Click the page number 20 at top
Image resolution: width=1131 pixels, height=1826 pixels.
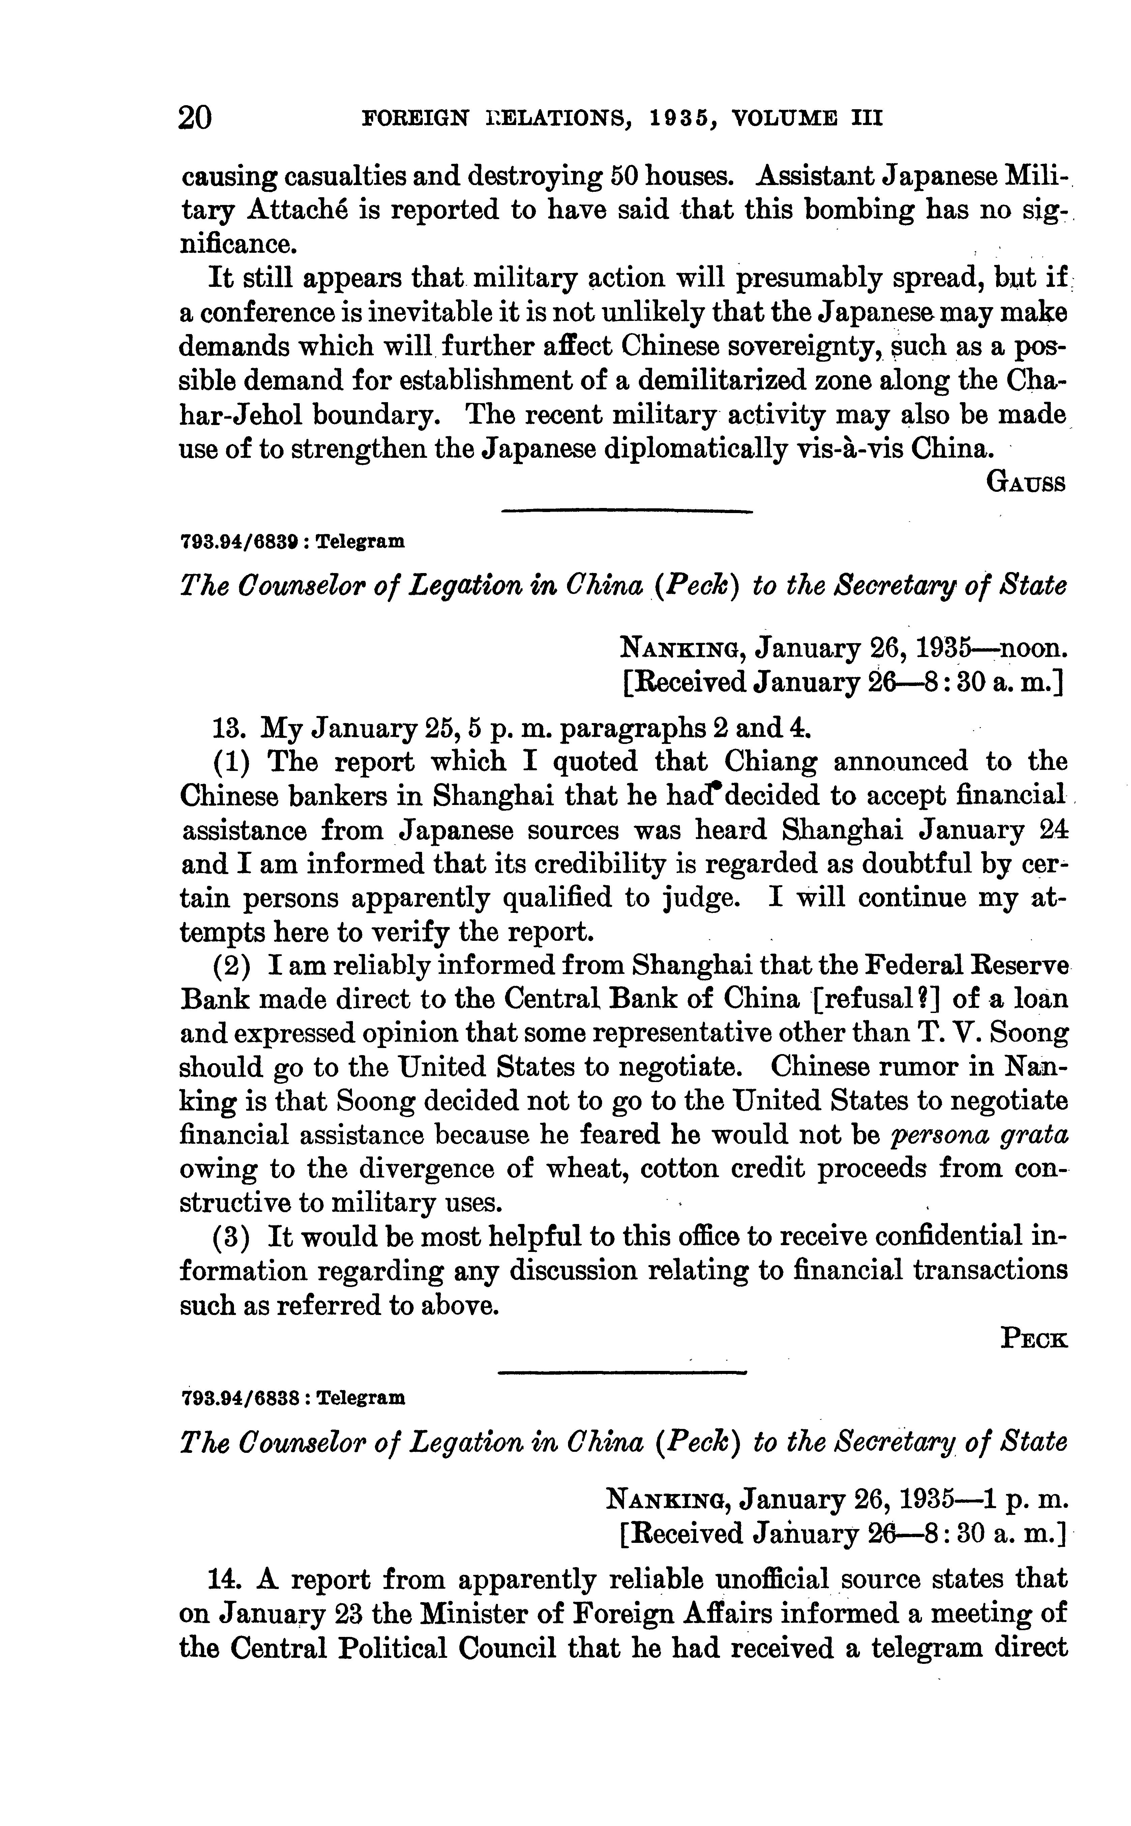pos(195,118)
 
